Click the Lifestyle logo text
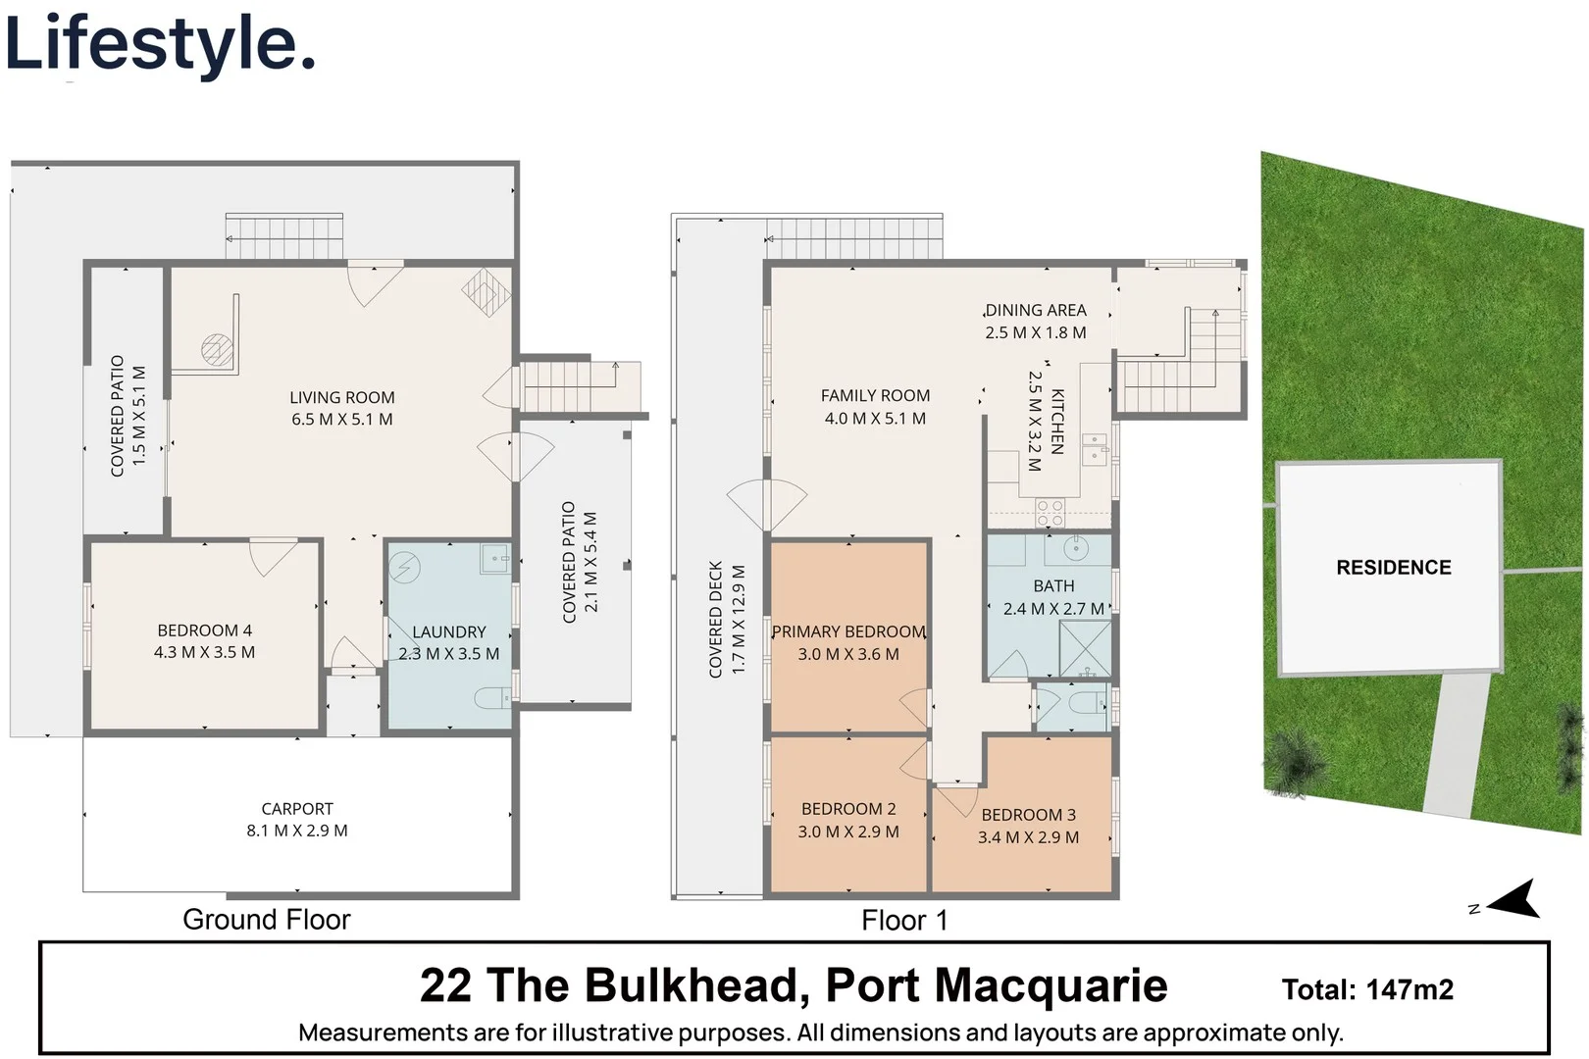[160, 44]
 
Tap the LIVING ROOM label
[341, 397]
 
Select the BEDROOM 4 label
[204, 630]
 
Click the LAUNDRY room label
[448, 632]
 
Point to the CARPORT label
[296, 809]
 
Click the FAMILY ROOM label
[875, 396]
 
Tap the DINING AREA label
[1036, 311]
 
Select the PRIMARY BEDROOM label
[848, 632]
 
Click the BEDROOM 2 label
[848, 810]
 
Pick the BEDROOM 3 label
[1028, 816]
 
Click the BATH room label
[1053, 586]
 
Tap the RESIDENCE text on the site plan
[1393, 568]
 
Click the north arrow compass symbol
[1513, 898]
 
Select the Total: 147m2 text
[1367, 990]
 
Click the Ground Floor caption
[266, 920]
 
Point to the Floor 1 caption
[904, 921]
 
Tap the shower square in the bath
[1084, 647]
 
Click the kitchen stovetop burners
[1051, 512]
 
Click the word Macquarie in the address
[1053, 985]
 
